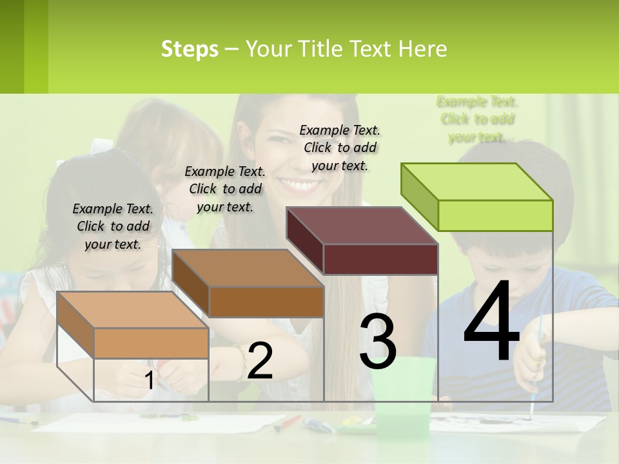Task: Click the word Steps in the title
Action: (190, 49)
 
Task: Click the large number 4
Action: (491, 322)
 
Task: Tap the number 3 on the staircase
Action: (377, 342)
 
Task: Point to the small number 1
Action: (149, 380)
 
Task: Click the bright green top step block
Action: (477, 197)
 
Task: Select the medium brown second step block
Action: (248, 284)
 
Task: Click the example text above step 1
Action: (113, 226)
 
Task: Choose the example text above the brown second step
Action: (225, 189)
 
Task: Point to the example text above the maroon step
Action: (340, 148)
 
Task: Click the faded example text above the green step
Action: (477, 119)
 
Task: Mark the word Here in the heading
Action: (422, 49)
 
